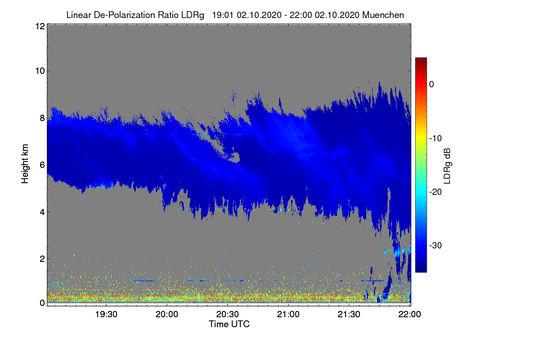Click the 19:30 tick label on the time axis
pos(106,315)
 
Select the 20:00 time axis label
pos(167,315)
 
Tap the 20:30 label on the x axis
pos(227,315)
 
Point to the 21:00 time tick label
pos(288,315)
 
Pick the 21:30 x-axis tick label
pos(349,315)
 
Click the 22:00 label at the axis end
pos(409,315)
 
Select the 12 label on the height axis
pos(40,26)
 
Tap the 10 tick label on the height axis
pos(40,71)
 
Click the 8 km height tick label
pos(42,118)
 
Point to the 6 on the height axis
pos(42,165)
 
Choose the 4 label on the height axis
pos(42,212)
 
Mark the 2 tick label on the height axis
pos(42,259)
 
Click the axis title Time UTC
pos(229,324)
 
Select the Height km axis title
pos(25,164)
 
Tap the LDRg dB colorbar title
pos(447,166)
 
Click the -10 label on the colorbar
pos(436,139)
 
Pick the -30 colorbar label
pos(436,245)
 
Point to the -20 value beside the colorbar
pos(436,192)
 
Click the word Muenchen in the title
pos(383,15)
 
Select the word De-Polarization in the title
pos(124,15)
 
